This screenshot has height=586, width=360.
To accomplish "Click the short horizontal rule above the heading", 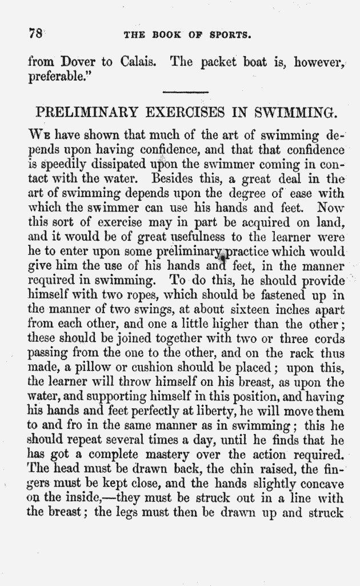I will click(x=186, y=93).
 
